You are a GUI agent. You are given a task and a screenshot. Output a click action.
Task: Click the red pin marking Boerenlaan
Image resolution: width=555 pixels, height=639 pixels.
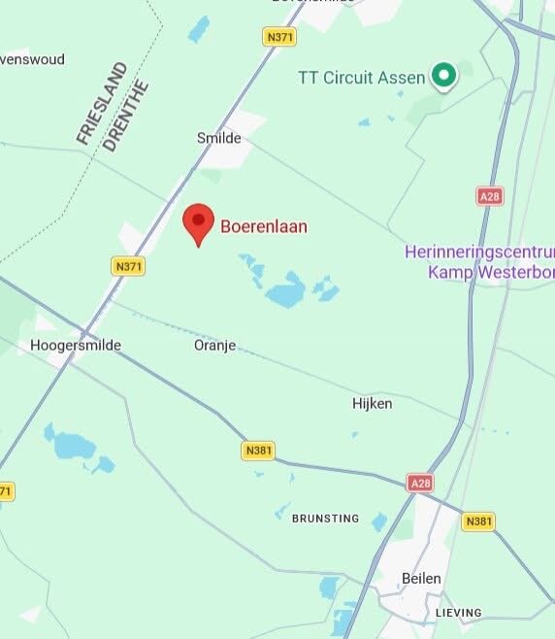pos(199,222)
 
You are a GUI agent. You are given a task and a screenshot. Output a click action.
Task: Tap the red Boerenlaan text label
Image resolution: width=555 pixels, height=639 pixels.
pos(264,227)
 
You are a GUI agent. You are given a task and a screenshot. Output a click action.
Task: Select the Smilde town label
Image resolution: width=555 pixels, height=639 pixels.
pos(218,138)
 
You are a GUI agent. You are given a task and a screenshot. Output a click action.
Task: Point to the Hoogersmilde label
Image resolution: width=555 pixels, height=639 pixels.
pos(75,345)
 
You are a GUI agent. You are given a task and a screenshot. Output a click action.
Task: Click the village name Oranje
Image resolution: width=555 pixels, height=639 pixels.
pos(214,345)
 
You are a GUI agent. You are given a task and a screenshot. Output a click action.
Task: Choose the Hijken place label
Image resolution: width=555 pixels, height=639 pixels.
pos(372,403)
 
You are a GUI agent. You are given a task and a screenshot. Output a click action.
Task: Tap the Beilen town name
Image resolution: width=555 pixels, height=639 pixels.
pos(421,578)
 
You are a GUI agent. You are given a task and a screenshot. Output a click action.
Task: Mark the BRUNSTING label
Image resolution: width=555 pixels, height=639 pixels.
pos(325,519)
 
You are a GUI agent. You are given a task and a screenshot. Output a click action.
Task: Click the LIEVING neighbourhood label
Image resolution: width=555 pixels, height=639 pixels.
pos(458,613)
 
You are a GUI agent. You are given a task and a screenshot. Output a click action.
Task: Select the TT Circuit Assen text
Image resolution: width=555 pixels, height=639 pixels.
pos(361,77)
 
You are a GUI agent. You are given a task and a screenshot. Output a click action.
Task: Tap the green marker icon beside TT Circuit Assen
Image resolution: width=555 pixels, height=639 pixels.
pos(444,75)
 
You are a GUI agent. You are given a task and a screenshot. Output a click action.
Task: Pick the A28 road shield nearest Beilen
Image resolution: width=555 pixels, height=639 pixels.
pos(420,482)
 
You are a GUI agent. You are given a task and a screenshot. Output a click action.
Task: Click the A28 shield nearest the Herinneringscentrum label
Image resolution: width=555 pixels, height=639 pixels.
pos(490,196)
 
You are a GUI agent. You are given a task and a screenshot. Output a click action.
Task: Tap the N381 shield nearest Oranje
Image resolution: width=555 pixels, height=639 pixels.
pos(259,451)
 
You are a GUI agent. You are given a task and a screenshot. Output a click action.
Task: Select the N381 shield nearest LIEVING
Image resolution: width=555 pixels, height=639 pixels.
pos(478,521)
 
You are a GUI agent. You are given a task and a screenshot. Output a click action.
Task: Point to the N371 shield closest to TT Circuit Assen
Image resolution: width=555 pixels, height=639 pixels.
pos(279,37)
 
